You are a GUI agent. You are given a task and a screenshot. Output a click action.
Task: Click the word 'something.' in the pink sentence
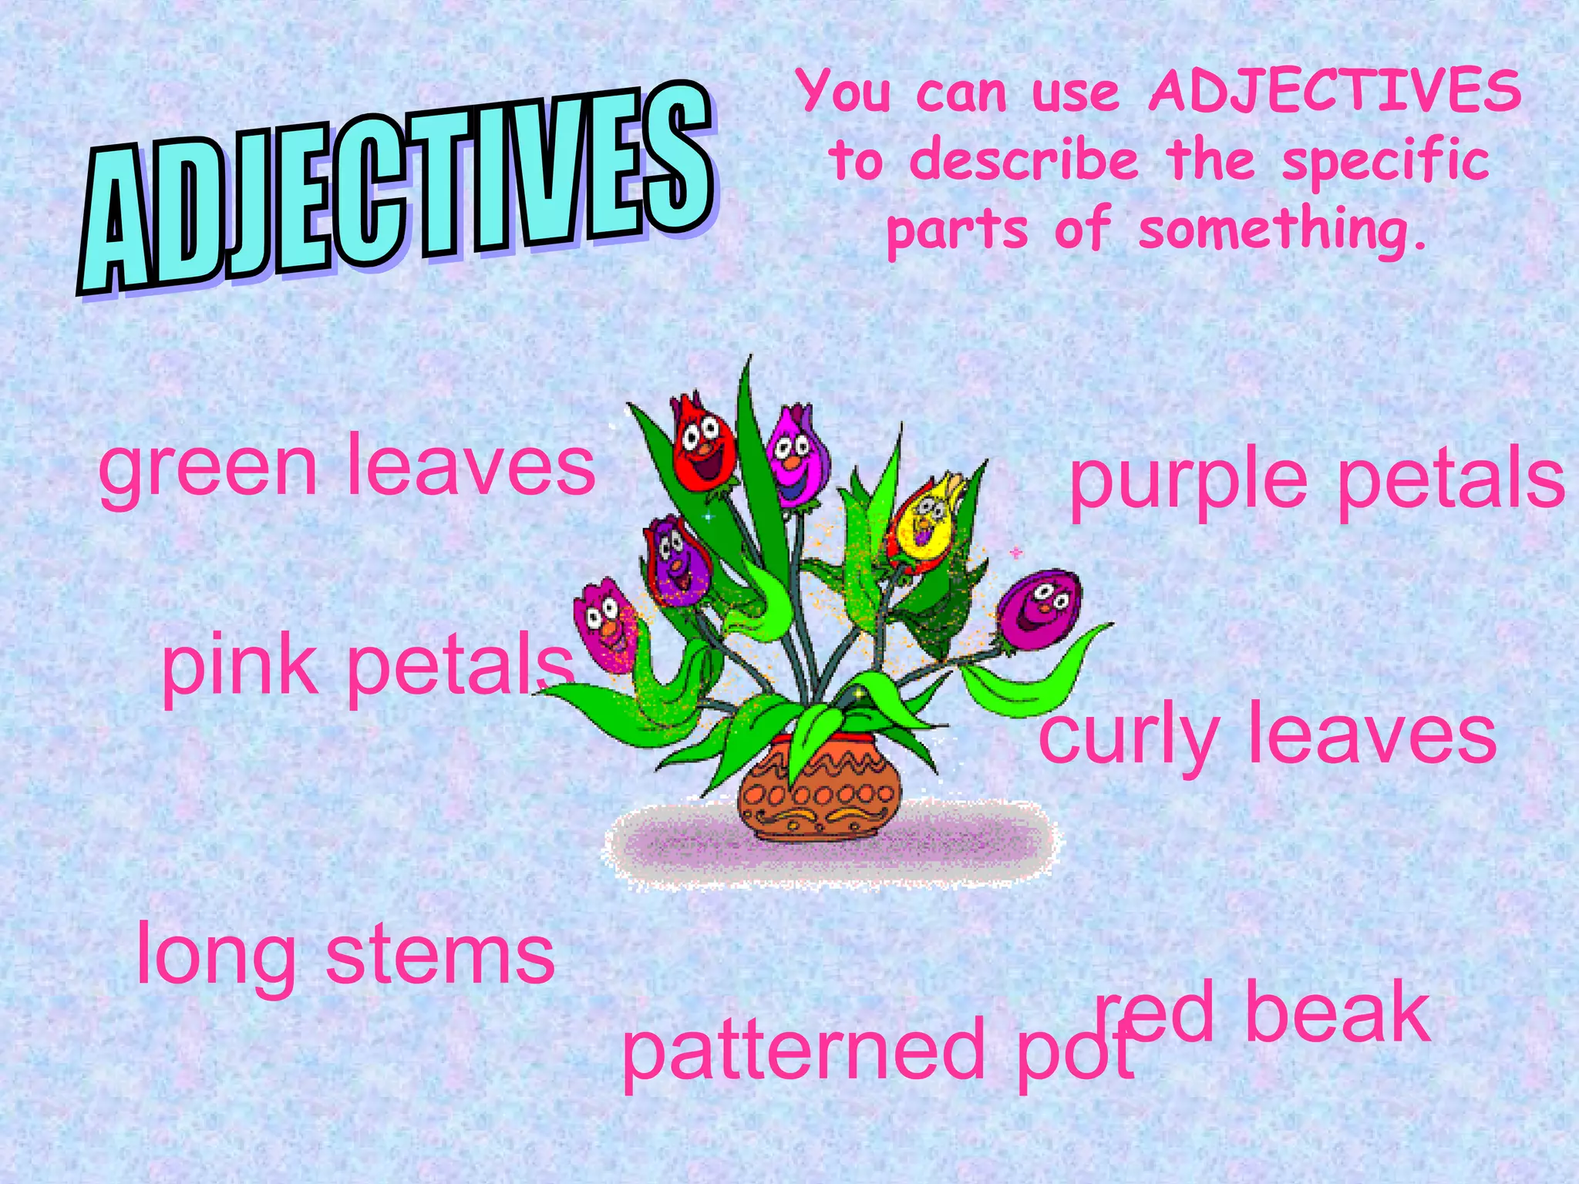(x=1283, y=231)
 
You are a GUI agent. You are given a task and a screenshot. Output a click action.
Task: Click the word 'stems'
(x=440, y=956)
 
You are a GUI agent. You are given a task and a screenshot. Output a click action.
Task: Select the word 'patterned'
(x=803, y=1052)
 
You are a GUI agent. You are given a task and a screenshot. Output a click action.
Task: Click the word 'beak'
(x=1338, y=1014)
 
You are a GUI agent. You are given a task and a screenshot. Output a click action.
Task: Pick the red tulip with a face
(x=702, y=447)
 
